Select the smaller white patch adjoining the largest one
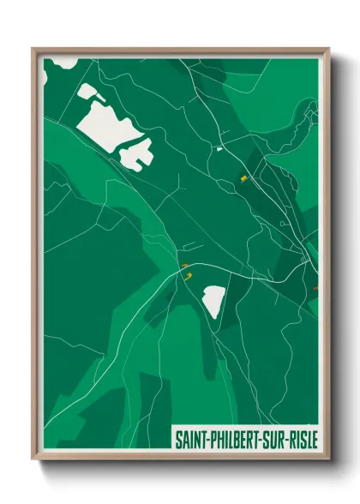tap(137, 153)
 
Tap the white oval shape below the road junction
tap(213, 301)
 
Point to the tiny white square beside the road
tap(219, 149)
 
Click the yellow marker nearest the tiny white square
tap(243, 178)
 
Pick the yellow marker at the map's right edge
tap(316, 289)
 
